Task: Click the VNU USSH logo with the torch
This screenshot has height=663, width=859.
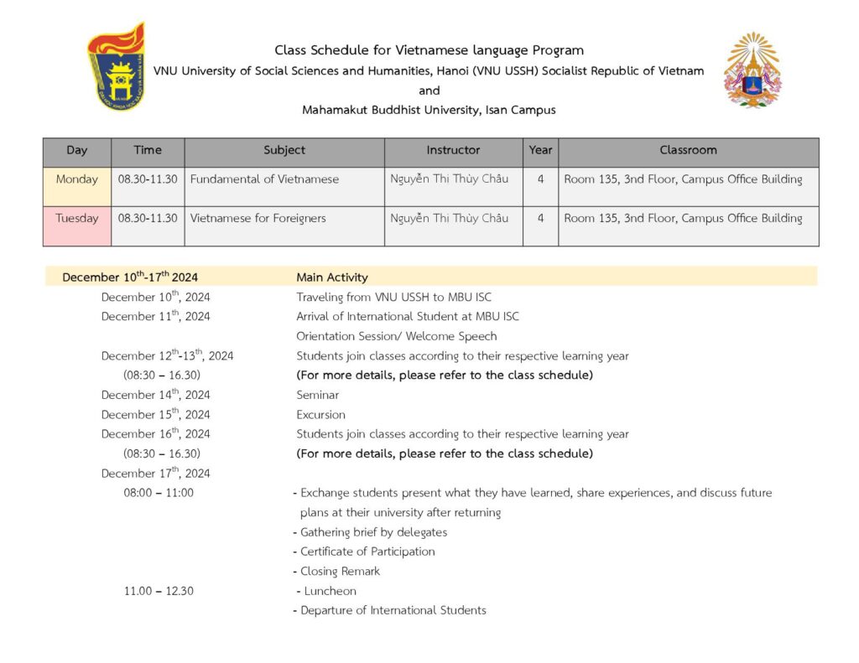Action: [x=117, y=67]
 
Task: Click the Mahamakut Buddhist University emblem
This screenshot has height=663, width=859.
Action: [x=752, y=70]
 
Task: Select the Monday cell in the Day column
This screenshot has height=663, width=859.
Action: [x=77, y=179]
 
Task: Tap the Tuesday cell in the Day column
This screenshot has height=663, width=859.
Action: [x=77, y=219]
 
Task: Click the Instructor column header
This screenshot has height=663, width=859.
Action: [x=453, y=151]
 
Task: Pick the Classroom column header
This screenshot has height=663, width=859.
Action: [x=688, y=151]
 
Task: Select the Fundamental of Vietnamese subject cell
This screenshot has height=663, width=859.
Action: [x=265, y=179]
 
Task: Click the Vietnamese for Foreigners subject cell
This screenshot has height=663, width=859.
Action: [x=258, y=219]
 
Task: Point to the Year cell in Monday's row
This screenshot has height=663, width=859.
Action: [x=540, y=179]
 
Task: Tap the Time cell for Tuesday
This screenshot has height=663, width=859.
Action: [x=148, y=219]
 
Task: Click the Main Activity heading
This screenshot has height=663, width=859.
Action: [x=332, y=277]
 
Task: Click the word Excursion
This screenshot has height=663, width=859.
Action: [x=320, y=415]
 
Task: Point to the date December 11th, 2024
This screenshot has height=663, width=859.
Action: [x=156, y=317]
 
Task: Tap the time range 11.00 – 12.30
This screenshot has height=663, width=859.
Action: [x=159, y=591]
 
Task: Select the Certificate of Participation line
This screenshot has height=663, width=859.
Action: [x=367, y=552]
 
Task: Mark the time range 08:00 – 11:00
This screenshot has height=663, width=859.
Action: [x=159, y=493]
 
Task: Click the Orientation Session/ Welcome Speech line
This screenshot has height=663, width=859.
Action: [x=397, y=336]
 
